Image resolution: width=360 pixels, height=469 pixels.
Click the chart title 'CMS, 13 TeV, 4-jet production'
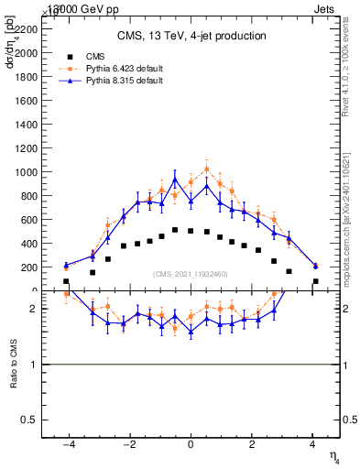191,37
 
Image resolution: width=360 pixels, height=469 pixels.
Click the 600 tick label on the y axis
30,220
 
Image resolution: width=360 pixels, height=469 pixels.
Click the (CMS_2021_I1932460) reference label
191,274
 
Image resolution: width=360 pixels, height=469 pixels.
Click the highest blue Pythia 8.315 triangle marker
176,180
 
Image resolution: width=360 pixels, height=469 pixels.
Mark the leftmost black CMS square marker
66,282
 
